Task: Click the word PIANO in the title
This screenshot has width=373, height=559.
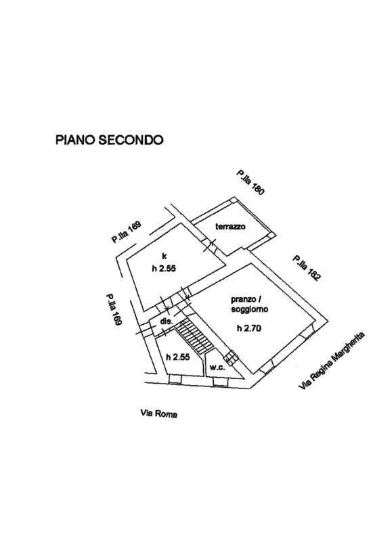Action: click(75, 139)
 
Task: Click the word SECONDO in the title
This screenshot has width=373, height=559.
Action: click(131, 139)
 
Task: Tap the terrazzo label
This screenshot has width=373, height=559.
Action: click(230, 227)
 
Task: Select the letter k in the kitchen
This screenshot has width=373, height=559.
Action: click(164, 256)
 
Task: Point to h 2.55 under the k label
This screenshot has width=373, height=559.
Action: click(164, 269)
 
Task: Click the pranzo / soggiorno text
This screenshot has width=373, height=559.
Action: click(249, 304)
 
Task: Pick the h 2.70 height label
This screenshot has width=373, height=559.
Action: click(249, 328)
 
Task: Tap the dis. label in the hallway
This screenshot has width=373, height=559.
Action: click(166, 321)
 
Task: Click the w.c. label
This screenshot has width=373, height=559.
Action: click(217, 367)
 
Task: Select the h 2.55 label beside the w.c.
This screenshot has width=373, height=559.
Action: click(178, 357)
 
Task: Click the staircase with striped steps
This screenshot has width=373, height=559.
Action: click(195, 336)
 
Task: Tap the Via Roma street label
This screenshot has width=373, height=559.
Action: click(158, 413)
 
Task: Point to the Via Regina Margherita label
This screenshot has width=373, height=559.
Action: click(332, 361)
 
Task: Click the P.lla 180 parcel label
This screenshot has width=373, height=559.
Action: click(250, 182)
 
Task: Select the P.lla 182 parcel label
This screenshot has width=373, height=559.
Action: click(305, 268)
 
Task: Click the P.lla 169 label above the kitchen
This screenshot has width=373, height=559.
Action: click(126, 232)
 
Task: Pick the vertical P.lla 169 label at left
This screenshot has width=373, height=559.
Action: click(114, 309)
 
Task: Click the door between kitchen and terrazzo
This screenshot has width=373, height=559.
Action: click(210, 245)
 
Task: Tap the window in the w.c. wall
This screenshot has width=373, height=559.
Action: click(220, 382)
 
